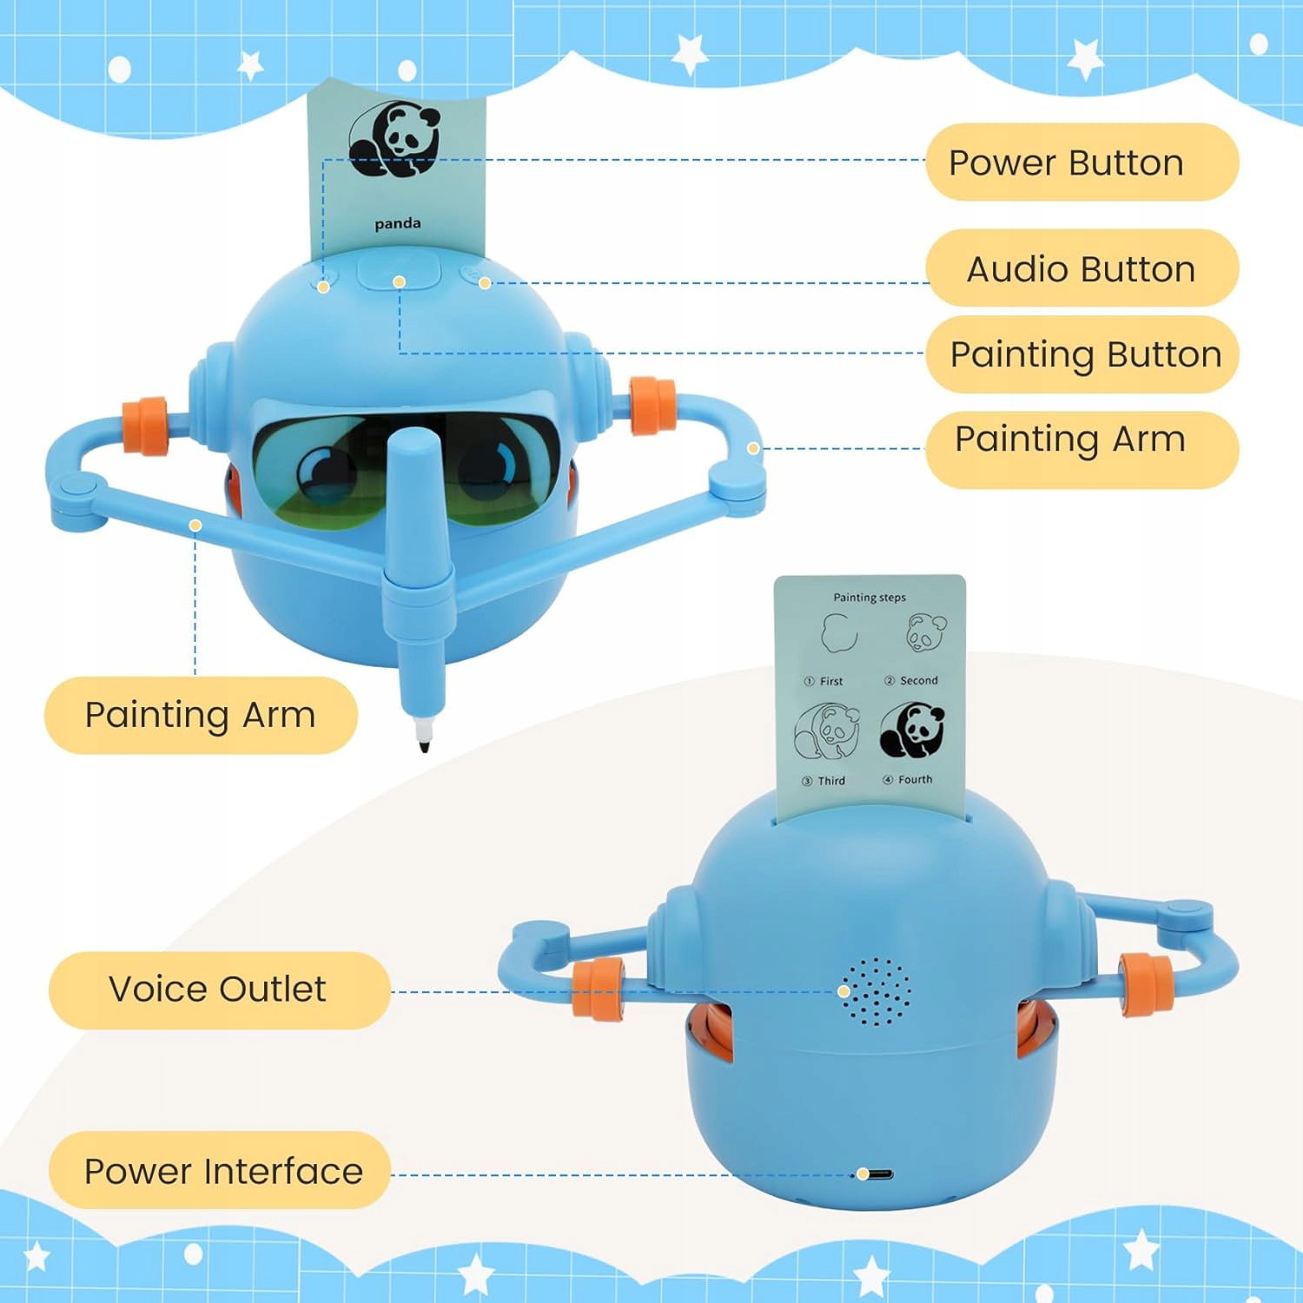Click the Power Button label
1066,162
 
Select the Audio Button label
1081,268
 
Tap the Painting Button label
1086,354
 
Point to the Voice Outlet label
217,989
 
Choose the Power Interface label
223,1171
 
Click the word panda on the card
398,223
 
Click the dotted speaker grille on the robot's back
876,991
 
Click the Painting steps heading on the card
870,598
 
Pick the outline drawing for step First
839,633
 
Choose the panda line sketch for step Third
826,731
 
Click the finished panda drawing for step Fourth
912,731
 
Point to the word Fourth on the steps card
916,780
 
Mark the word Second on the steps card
919,681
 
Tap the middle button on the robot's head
399,271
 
